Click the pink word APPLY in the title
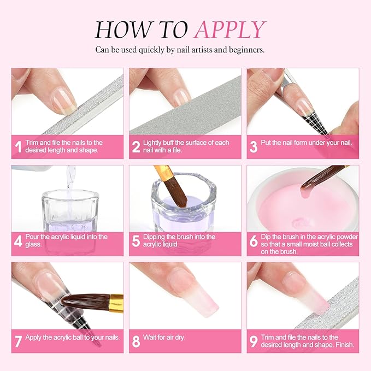(230, 29)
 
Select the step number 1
(18, 147)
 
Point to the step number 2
(136, 147)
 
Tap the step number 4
(18, 241)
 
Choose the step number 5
(136, 241)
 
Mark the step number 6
(254, 241)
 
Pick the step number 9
(254, 341)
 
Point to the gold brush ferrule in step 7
(116, 300)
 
